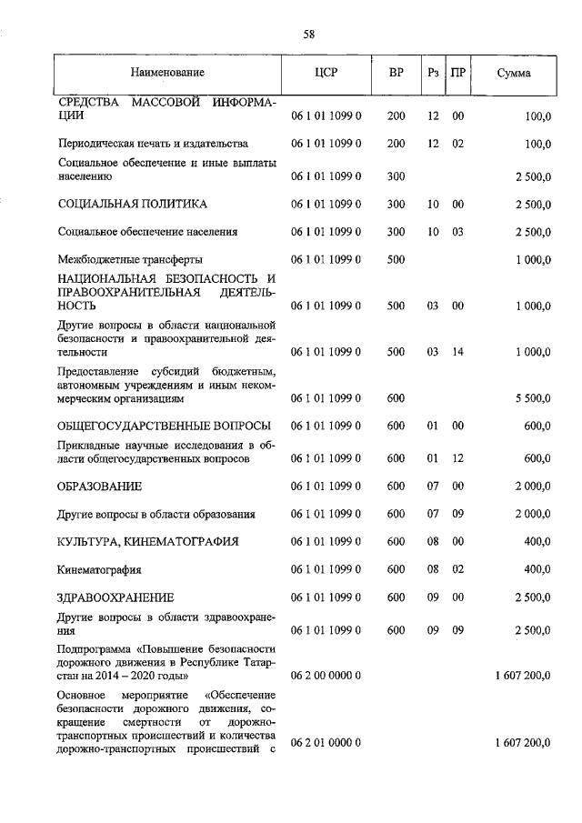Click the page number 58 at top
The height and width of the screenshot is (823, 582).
point(308,35)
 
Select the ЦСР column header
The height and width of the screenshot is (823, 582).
point(326,72)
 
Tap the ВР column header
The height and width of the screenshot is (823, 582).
point(396,72)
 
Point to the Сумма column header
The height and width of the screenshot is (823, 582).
point(515,72)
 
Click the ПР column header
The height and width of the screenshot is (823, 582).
point(457,72)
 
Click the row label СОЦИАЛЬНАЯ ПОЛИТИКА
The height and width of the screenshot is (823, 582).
point(132,204)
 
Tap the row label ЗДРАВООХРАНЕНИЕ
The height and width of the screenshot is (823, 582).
point(115,597)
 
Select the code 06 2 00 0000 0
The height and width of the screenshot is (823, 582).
point(326,676)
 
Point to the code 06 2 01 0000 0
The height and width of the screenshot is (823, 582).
point(326,743)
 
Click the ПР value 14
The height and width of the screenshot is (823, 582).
point(458,351)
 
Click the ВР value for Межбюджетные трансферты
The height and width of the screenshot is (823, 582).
point(396,259)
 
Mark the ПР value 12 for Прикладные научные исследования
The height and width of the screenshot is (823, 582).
point(458,459)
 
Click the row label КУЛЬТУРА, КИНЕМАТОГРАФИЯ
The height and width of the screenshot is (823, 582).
point(147,541)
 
